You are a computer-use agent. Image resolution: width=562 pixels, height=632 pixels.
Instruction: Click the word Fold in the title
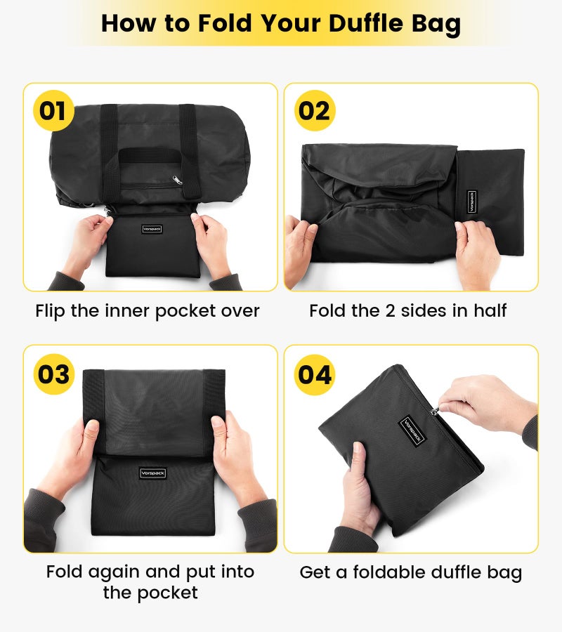click(x=223, y=23)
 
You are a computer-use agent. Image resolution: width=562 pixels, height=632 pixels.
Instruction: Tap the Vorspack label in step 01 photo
click(x=152, y=229)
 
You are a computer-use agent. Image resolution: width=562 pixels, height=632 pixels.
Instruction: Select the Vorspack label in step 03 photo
click(x=152, y=473)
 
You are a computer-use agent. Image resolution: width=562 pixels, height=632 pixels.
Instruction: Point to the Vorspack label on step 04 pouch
click(x=412, y=431)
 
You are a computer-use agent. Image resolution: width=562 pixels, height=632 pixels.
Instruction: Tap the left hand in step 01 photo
click(x=84, y=242)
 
